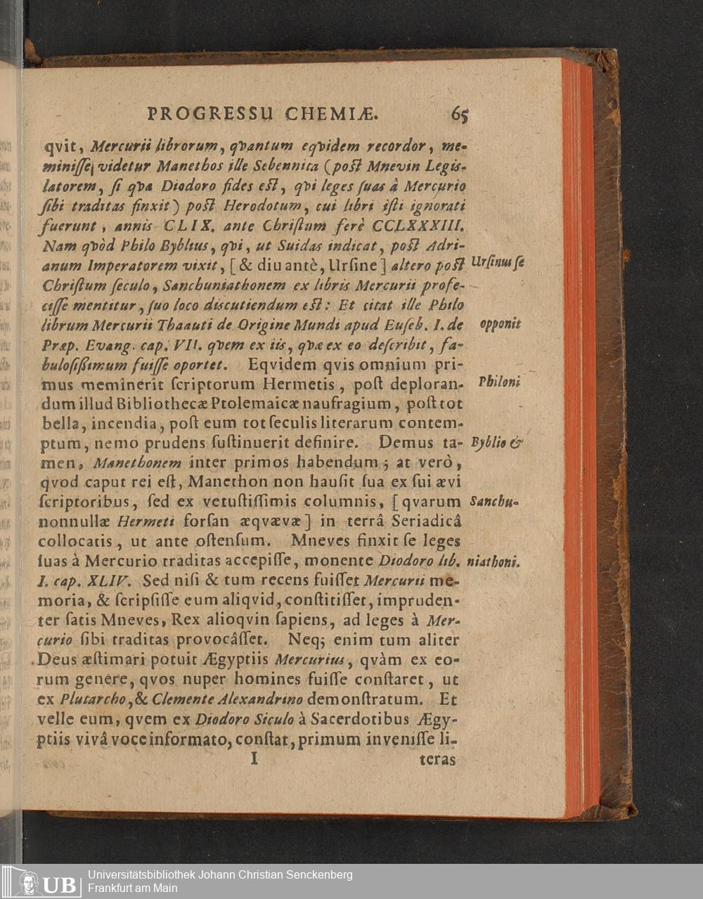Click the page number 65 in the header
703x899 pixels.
460,114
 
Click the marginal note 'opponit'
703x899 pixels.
500,325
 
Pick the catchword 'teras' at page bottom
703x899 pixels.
437,760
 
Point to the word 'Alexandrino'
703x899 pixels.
268,699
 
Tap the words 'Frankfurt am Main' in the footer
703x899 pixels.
133,888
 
